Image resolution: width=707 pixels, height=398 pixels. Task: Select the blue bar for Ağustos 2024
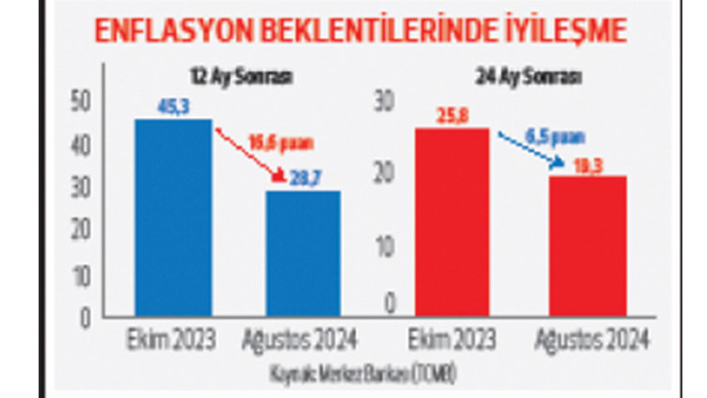303,254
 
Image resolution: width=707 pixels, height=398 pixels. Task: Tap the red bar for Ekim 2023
451,222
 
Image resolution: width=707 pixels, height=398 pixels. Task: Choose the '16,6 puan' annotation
281,142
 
